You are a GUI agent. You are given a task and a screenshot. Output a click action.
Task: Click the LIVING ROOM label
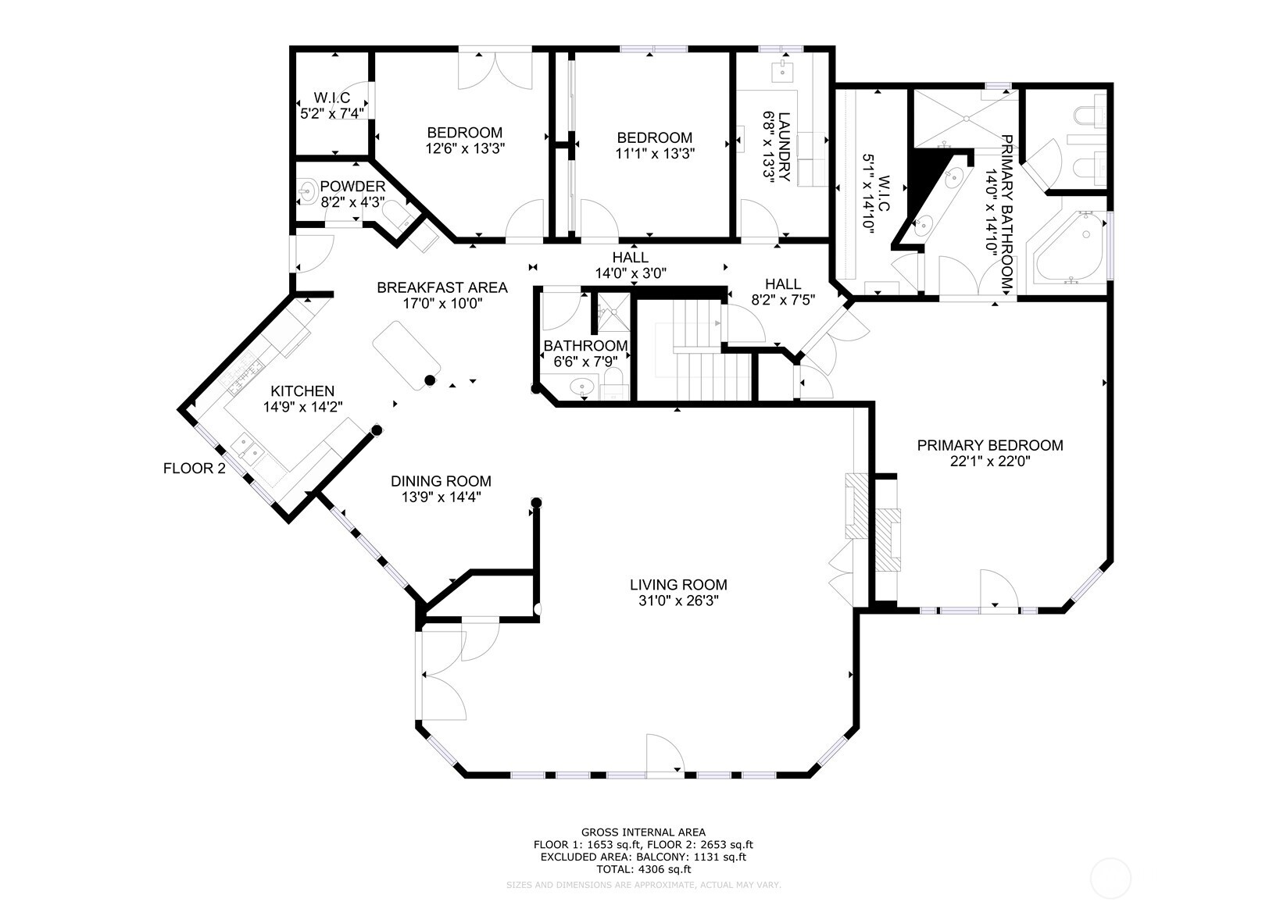tap(678, 584)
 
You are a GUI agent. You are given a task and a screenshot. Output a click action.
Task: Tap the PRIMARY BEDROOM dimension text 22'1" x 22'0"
tap(989, 462)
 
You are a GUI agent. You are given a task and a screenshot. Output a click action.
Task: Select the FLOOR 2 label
tap(194, 469)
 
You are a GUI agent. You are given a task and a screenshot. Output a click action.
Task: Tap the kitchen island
tap(406, 356)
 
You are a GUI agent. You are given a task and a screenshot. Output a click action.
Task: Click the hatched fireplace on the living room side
tap(856, 506)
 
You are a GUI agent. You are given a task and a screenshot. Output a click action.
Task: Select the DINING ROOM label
tap(441, 481)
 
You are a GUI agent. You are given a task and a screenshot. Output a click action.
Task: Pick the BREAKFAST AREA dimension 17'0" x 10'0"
tap(442, 304)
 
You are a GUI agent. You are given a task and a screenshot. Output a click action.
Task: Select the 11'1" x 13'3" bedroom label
tap(655, 137)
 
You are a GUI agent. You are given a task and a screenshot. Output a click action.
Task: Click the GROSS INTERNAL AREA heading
tap(643, 832)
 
